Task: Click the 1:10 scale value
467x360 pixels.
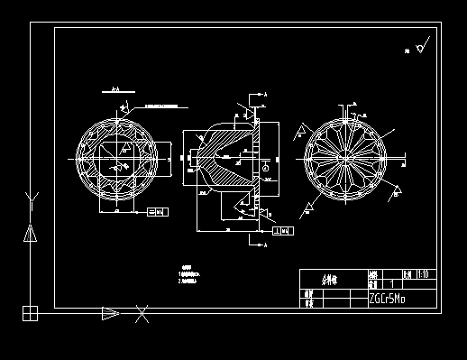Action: pos(426,274)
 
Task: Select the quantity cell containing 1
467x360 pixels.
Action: pos(390,283)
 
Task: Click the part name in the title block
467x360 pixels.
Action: pos(330,280)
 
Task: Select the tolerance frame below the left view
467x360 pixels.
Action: pos(156,212)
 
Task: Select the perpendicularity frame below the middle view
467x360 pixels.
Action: pos(282,232)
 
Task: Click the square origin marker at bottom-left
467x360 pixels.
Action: pos(30,313)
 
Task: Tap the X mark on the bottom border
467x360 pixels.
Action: pos(142,314)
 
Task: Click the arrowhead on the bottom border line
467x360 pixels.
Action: pos(109,313)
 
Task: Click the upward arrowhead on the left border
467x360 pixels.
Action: pos(31,233)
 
